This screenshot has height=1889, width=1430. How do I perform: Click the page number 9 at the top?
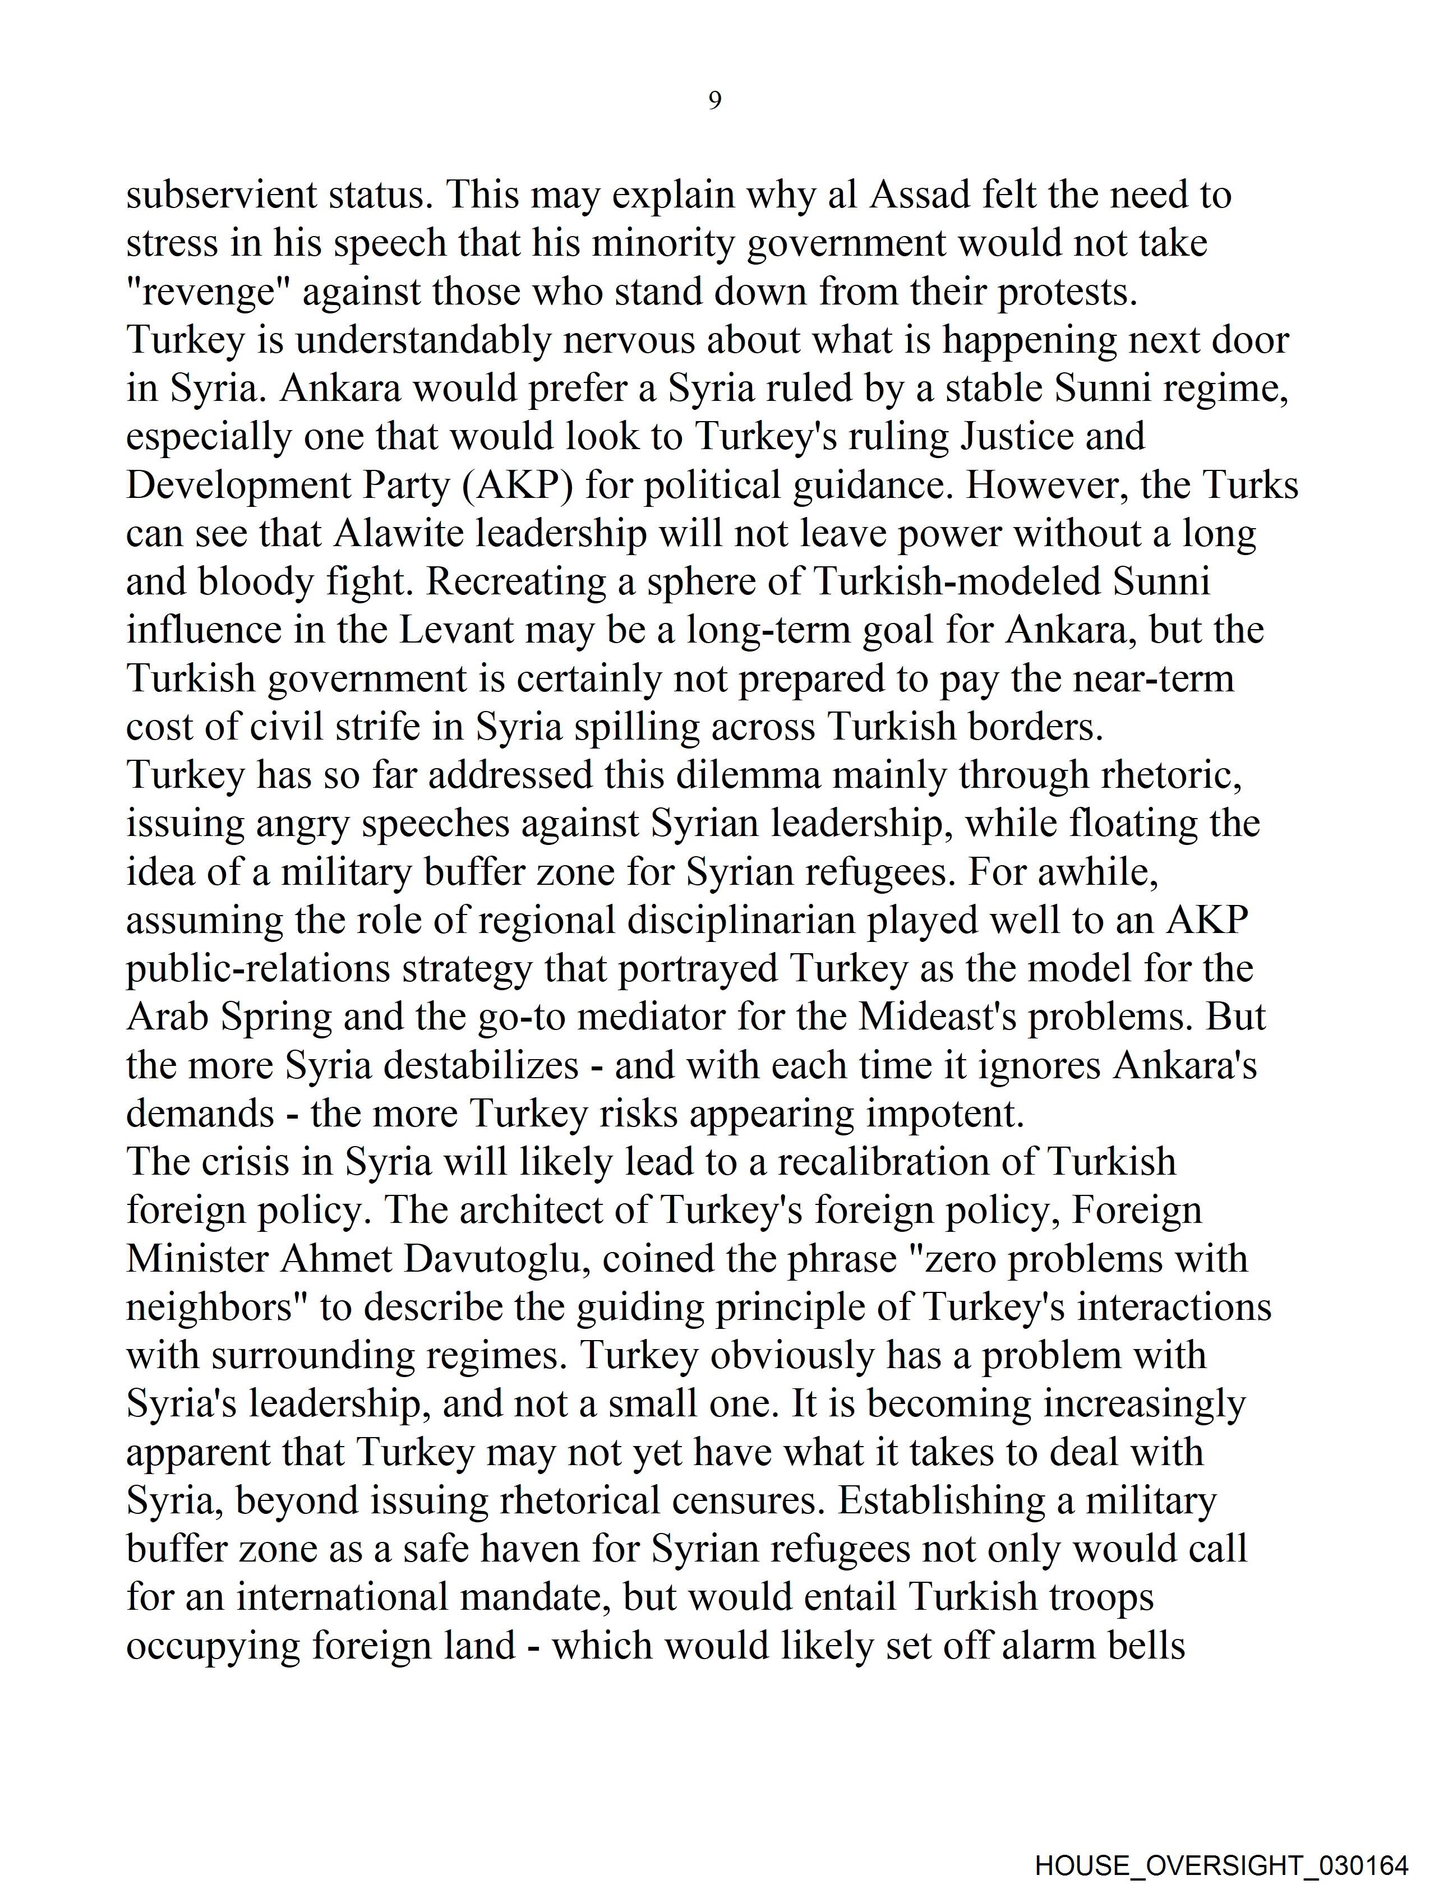click(x=715, y=101)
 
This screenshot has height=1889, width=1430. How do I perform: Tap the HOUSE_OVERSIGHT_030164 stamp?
click(x=1221, y=1864)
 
